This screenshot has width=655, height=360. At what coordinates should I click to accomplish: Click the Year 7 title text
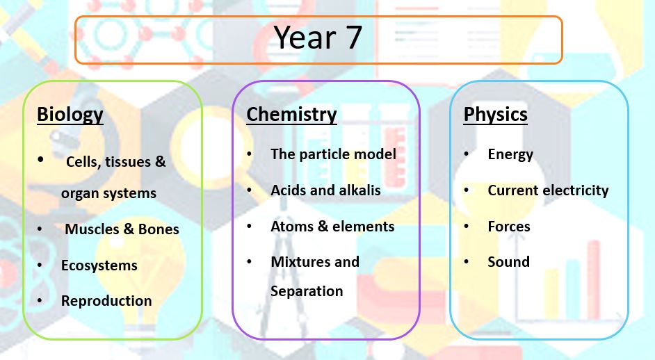[318, 38]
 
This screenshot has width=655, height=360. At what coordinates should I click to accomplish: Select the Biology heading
[70, 115]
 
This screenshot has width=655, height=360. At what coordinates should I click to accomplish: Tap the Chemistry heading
[291, 115]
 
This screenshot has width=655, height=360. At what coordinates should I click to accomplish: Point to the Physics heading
[496, 115]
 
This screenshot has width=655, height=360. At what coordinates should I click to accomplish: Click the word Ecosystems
[99, 265]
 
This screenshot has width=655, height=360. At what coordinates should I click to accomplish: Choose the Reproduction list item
[106, 301]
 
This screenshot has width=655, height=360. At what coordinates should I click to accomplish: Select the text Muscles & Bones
[122, 229]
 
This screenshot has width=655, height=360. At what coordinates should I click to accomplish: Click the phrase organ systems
[108, 193]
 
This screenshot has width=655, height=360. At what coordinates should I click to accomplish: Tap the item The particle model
[333, 154]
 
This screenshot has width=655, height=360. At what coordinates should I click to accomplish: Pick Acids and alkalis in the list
[325, 190]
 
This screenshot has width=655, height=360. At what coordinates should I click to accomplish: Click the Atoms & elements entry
[332, 227]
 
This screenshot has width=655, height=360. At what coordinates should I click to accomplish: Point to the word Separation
[307, 291]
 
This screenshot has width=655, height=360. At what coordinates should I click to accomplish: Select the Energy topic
[510, 155]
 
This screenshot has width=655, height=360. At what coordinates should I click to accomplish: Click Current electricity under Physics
[548, 190]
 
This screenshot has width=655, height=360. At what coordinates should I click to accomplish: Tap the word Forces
[509, 227]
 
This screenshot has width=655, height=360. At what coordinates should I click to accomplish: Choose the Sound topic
[508, 262]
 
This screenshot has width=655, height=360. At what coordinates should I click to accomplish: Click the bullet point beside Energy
[466, 154]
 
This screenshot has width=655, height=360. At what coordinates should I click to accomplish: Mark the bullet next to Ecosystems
[40, 265]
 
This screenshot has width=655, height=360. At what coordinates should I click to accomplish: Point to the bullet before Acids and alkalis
[250, 190]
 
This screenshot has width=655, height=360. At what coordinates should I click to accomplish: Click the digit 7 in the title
[353, 38]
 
